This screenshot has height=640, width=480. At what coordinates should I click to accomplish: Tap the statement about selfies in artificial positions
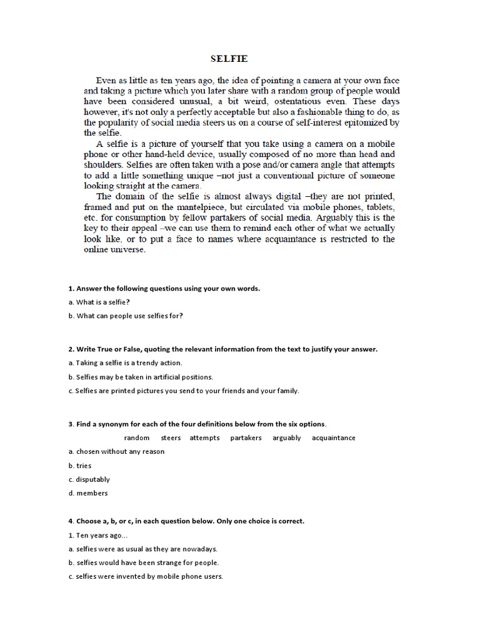[141, 377]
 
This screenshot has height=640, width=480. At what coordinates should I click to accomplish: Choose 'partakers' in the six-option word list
[246, 437]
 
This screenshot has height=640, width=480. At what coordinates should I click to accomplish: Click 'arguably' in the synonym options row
[287, 437]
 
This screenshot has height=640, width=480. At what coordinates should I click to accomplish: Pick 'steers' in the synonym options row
[171, 437]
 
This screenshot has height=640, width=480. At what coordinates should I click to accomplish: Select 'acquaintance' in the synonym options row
[333, 437]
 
